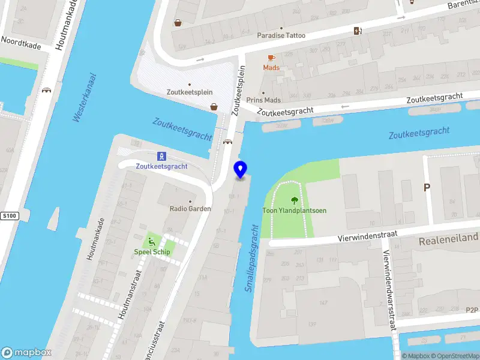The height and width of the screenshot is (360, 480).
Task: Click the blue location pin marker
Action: (240, 169)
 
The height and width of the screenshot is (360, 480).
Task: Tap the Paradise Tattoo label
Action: (281, 35)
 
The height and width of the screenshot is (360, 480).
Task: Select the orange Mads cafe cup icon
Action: (271, 58)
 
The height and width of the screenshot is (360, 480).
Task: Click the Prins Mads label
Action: (263, 100)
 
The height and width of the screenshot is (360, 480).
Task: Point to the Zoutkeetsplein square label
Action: (190, 92)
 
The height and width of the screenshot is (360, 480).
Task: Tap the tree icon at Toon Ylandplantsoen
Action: (294, 200)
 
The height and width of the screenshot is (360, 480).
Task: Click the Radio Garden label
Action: (190, 209)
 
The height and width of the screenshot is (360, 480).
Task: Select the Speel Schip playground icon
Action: (152, 242)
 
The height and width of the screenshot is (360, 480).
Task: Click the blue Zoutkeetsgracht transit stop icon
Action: (161, 156)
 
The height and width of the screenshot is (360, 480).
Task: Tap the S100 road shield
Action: (8, 215)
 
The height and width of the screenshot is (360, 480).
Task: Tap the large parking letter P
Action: (427, 188)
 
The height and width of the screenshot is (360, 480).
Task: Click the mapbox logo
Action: (26, 353)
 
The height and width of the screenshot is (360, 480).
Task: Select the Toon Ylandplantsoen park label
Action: (294, 211)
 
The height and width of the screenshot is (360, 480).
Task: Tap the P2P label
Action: (472, 310)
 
